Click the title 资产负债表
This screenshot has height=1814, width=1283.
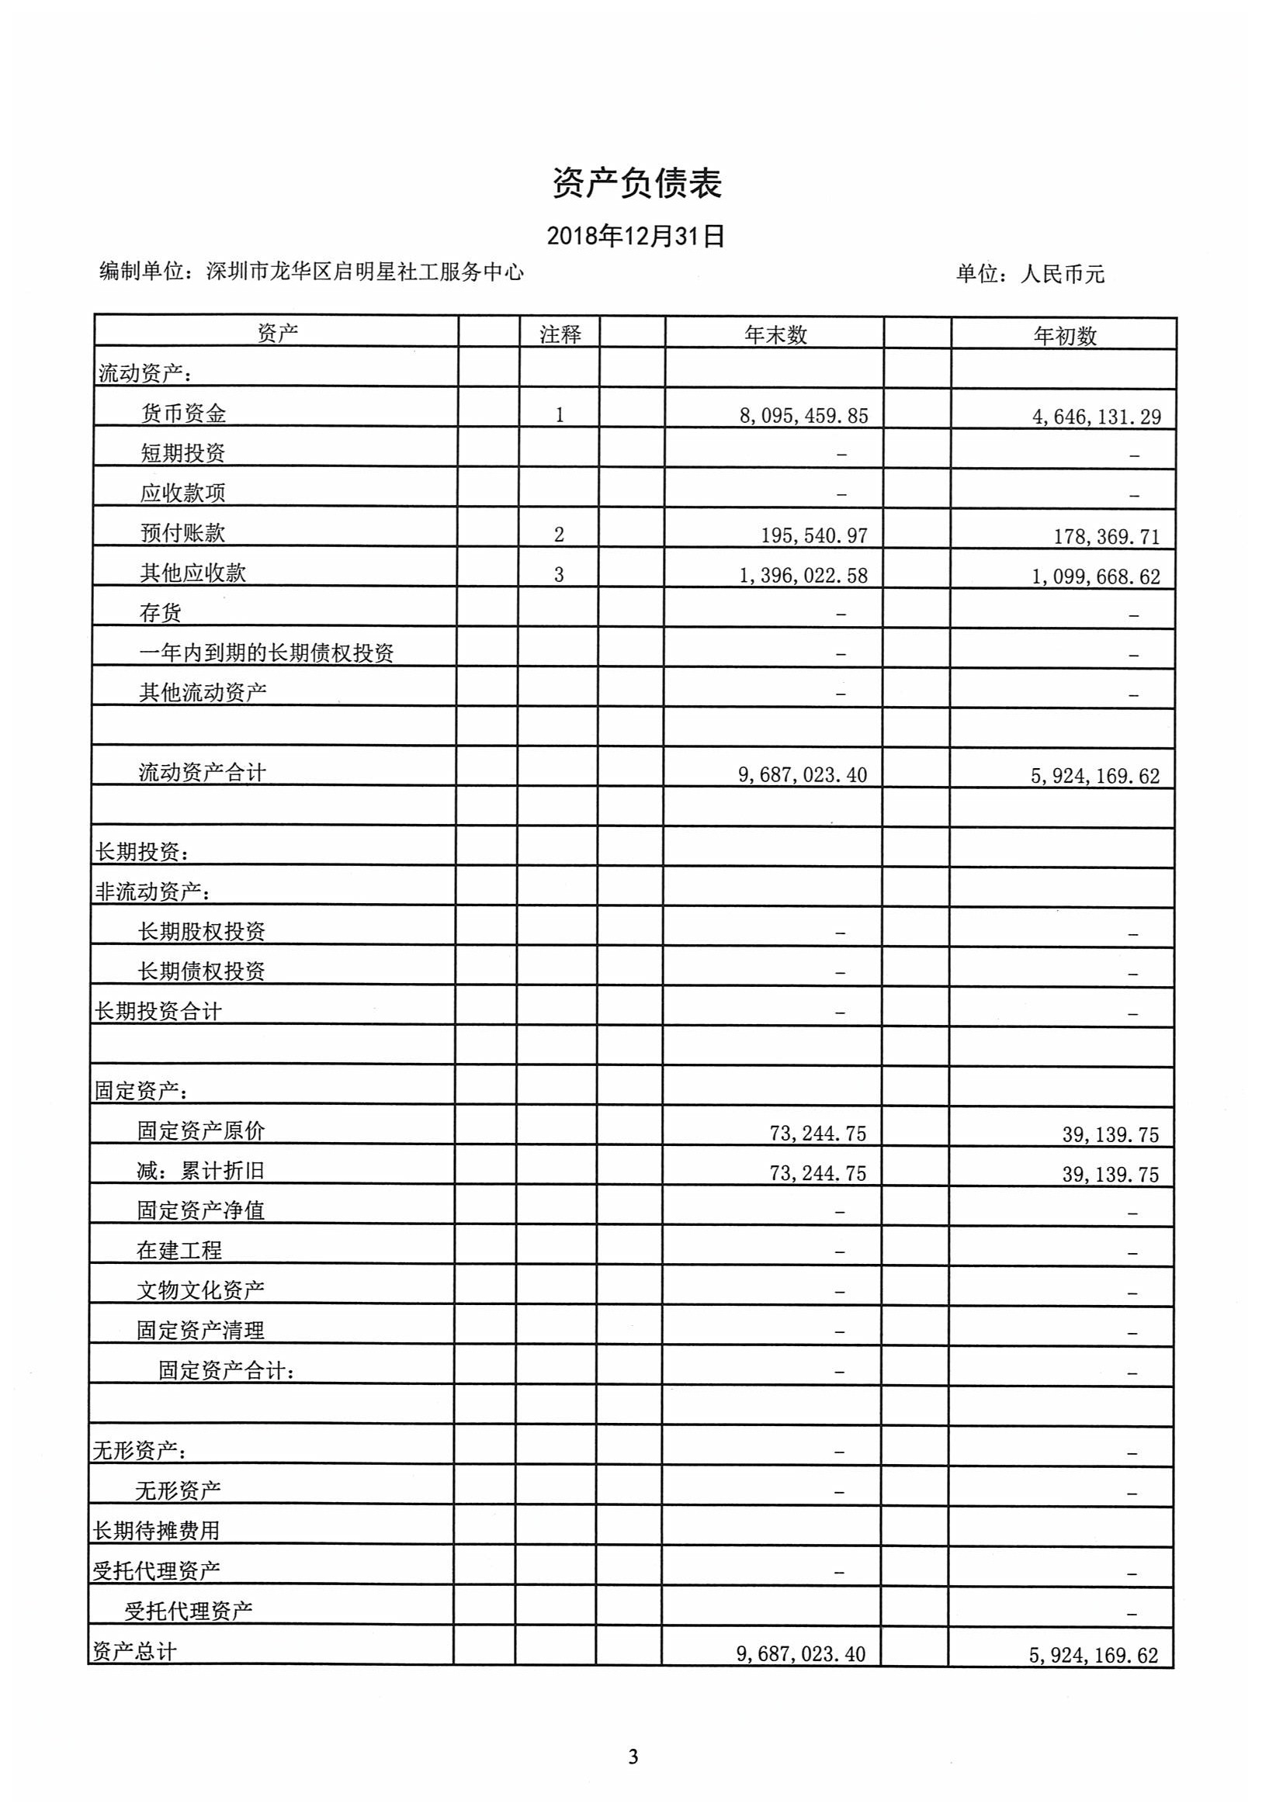636,183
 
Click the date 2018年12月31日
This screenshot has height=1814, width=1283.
636,236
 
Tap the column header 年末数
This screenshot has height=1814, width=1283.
775,335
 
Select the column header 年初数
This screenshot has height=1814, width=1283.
1065,337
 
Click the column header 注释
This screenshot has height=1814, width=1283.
560,335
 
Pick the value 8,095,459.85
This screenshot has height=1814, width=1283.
803,416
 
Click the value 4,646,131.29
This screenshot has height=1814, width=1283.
1097,417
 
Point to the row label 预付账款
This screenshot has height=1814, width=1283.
182,533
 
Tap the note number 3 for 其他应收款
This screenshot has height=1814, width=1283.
559,575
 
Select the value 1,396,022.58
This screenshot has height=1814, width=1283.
803,576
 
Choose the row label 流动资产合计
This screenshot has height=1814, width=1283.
203,773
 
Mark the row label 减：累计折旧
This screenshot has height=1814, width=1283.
200,1171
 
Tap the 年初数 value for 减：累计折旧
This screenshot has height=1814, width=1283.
1110,1175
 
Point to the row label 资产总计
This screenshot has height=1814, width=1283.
134,1651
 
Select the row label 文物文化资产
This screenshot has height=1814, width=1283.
200,1290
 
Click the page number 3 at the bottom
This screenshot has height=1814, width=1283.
633,1757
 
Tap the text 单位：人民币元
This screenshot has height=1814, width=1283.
1029,274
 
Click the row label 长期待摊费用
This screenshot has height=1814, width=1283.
156,1531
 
